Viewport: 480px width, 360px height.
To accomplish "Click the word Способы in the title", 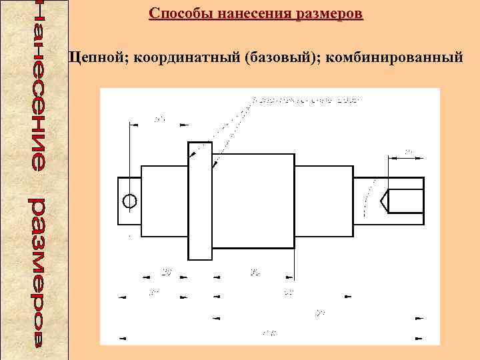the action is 175,13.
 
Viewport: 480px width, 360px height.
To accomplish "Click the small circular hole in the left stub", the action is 130,200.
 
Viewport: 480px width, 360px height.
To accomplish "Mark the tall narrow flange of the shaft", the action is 200,200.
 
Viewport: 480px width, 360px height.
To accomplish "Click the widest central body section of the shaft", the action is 253,200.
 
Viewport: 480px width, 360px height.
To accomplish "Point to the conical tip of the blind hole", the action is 383,200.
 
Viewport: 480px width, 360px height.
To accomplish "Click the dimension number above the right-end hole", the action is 408,152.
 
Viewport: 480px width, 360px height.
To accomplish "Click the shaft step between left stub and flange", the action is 165,200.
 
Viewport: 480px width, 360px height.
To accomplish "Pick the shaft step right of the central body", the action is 323,200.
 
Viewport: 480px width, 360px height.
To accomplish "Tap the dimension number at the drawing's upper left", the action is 159,119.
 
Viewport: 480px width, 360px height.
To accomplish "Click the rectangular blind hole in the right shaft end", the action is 405,200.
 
